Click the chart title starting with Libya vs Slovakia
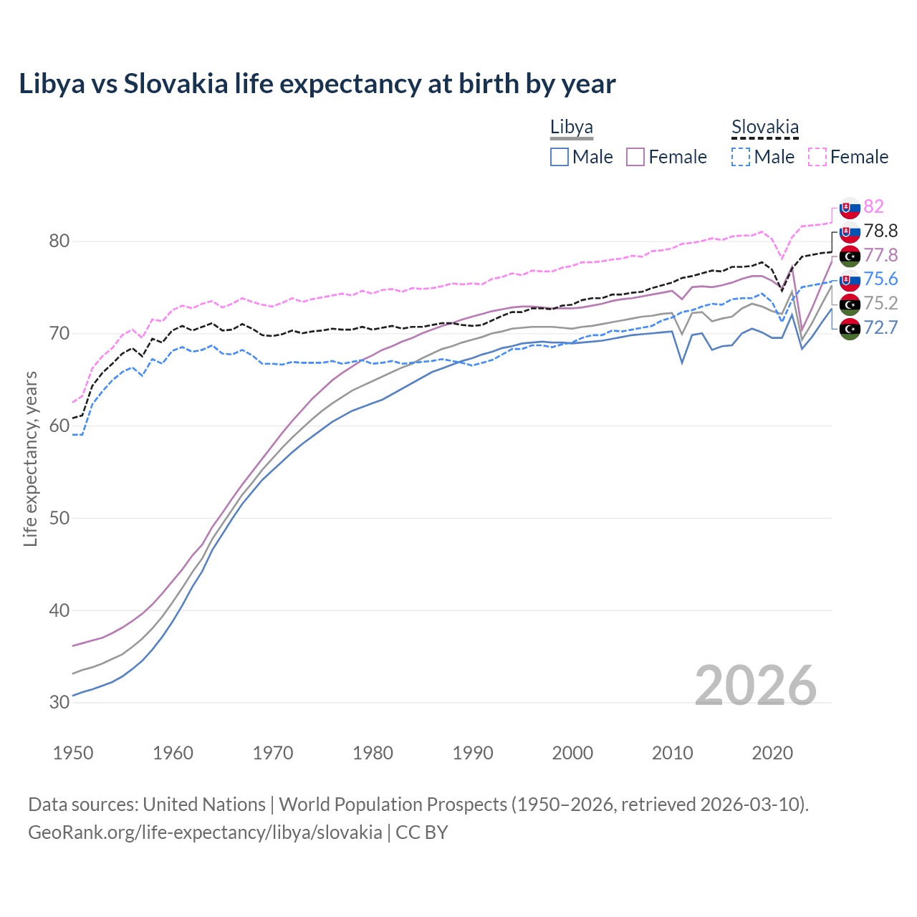(x=317, y=84)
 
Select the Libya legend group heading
(x=571, y=128)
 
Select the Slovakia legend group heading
(x=764, y=128)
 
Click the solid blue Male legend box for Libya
(x=560, y=157)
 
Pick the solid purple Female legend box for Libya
(x=635, y=157)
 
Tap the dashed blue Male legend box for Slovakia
(x=741, y=157)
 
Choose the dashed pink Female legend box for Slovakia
(x=817, y=157)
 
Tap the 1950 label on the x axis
(x=73, y=753)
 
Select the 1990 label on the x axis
(x=473, y=753)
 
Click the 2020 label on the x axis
(x=772, y=753)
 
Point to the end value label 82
(x=873, y=206)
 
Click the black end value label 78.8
(x=880, y=231)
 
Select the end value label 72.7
(x=880, y=327)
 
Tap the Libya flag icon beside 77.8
(x=850, y=256)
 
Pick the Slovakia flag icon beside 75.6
(x=850, y=280)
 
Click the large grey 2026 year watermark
(x=755, y=686)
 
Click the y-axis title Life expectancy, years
(x=30, y=458)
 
